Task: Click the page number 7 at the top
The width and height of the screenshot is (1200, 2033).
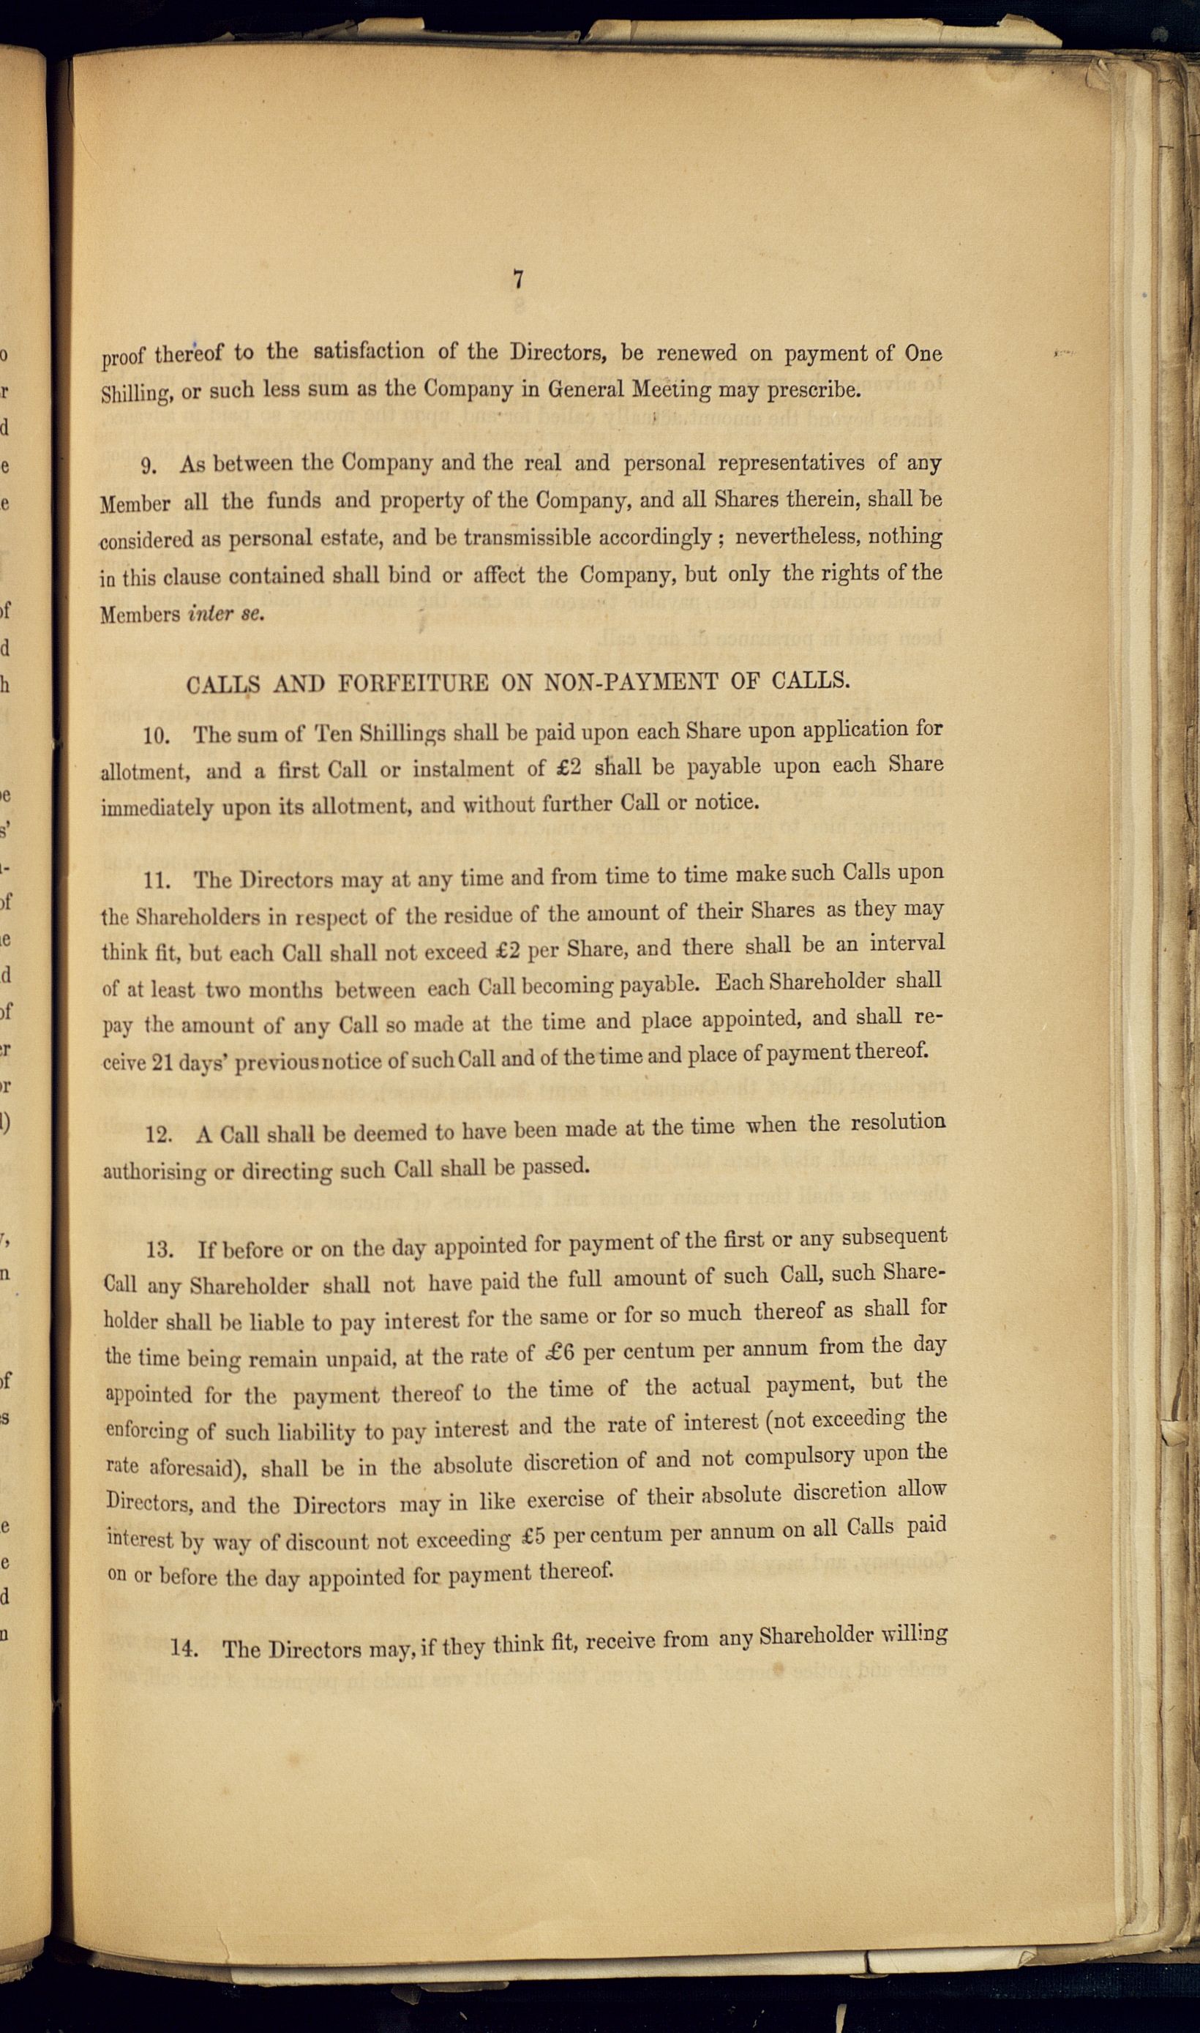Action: pos(517,280)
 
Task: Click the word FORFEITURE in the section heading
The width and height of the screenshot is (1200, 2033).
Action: pos(413,684)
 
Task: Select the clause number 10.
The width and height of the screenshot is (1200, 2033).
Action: pos(156,736)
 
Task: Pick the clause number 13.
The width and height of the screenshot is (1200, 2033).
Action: pos(160,1250)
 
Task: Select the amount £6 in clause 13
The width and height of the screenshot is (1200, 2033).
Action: pos(555,1353)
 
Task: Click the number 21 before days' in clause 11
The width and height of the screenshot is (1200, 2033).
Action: pos(162,1063)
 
